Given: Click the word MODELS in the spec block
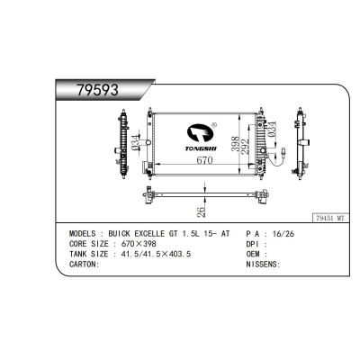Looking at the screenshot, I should (x=86, y=233).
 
